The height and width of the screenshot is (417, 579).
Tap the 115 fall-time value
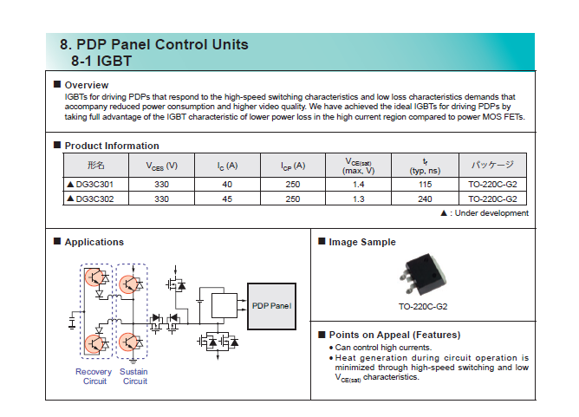425,185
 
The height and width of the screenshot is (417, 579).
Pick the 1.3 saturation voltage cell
358,199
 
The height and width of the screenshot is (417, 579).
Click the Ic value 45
227,199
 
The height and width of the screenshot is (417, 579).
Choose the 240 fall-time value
425,199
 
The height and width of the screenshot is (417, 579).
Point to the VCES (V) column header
162,166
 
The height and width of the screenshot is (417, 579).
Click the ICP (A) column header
293,166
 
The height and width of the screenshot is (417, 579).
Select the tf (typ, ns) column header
425,166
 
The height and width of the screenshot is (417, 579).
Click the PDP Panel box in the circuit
271,306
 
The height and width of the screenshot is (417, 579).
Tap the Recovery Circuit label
94,376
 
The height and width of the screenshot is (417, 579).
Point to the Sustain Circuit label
133,376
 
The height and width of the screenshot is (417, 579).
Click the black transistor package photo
423,275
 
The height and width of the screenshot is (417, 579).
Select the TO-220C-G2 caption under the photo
423,307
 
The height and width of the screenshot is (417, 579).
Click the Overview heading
87,85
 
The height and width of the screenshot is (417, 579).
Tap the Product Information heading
112,146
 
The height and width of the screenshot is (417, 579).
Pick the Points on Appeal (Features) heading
394,335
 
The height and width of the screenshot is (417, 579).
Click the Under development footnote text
491,213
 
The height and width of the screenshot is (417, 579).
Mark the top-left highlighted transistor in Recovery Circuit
94,277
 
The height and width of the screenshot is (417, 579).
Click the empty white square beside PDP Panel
224,305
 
